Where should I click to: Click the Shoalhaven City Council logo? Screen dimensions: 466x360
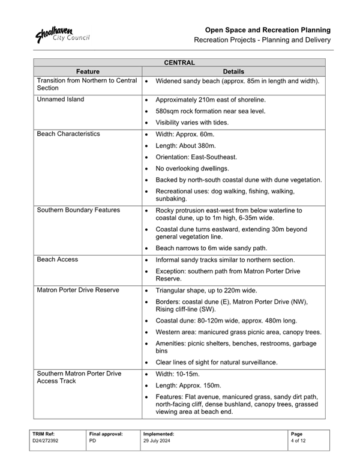tap(62, 35)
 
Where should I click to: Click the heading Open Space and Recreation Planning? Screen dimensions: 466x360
tap(268, 29)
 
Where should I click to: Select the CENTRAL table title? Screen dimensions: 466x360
tap(179, 62)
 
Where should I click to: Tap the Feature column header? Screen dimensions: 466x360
tap(88, 70)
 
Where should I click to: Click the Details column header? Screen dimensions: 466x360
tap(234, 70)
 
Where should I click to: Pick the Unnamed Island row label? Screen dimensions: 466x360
tap(61, 99)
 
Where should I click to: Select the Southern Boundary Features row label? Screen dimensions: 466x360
tap(78, 210)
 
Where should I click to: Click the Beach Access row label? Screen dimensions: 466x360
tap(58, 259)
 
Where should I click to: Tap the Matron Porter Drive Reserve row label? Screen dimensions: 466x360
tap(78, 290)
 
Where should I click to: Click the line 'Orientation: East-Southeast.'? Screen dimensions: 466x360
tap(202, 157)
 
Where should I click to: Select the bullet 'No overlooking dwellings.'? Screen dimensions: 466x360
tap(197, 169)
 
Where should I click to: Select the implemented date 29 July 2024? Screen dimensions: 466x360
tap(157, 441)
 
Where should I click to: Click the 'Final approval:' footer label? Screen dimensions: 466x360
tap(106, 433)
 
